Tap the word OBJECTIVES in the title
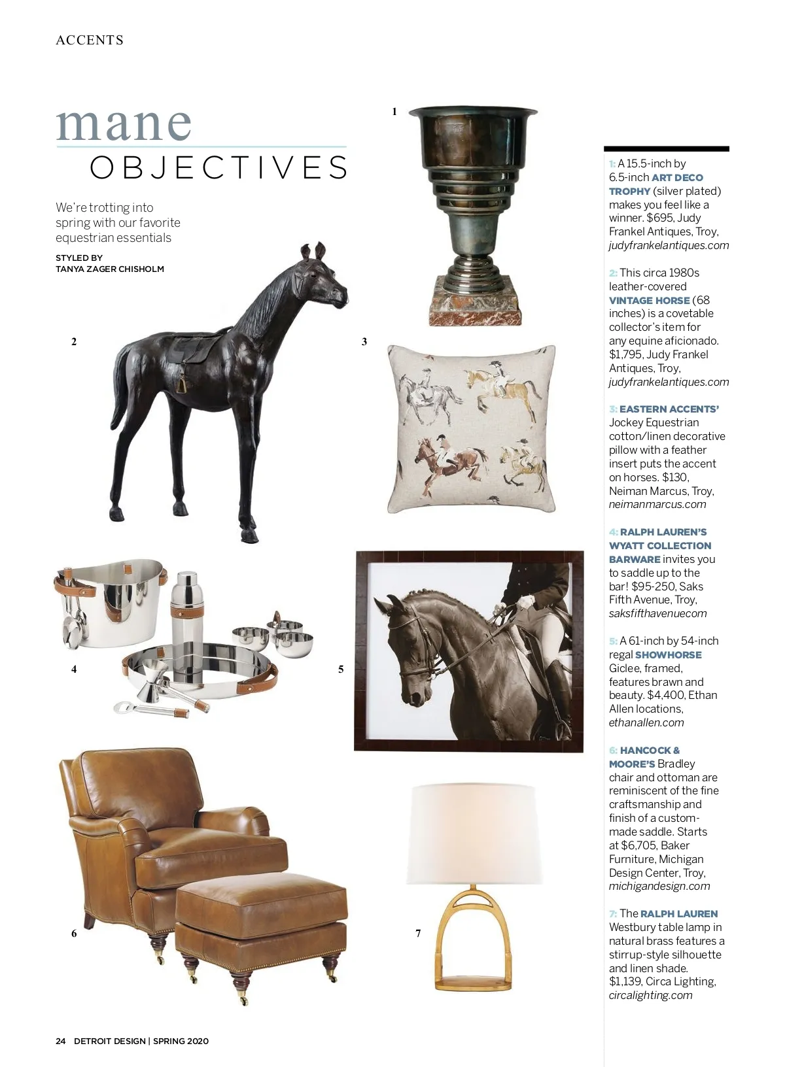click(218, 167)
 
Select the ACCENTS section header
click(90, 41)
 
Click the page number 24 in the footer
click(61, 1041)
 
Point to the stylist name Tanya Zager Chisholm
click(109, 269)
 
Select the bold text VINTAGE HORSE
click(649, 300)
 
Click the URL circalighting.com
click(650, 995)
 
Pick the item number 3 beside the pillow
click(364, 341)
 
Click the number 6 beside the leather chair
click(74, 934)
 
